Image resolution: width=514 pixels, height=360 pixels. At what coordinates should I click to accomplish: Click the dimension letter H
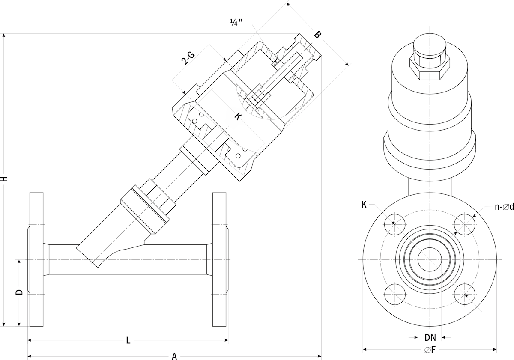click(x=5, y=179)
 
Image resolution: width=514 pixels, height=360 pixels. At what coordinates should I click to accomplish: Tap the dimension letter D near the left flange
click(x=19, y=292)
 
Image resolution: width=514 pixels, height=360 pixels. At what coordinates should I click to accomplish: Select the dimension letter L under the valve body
click(x=128, y=341)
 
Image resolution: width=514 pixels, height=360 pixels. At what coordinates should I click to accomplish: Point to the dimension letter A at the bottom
click(x=174, y=356)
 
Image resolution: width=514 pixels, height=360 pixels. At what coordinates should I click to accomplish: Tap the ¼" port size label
click(x=236, y=23)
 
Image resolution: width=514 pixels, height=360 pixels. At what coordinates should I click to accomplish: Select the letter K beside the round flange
click(x=364, y=205)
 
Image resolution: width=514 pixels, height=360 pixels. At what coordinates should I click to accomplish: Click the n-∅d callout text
click(x=504, y=207)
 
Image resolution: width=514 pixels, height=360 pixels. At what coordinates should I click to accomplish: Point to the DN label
click(x=430, y=337)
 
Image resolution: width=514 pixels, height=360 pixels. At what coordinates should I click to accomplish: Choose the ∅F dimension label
click(x=430, y=350)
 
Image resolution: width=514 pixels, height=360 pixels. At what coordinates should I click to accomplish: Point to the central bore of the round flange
click(x=430, y=259)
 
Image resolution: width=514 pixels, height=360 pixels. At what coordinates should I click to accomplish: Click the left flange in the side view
click(x=36, y=259)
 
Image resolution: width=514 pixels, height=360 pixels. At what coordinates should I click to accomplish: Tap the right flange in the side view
click(x=219, y=259)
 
